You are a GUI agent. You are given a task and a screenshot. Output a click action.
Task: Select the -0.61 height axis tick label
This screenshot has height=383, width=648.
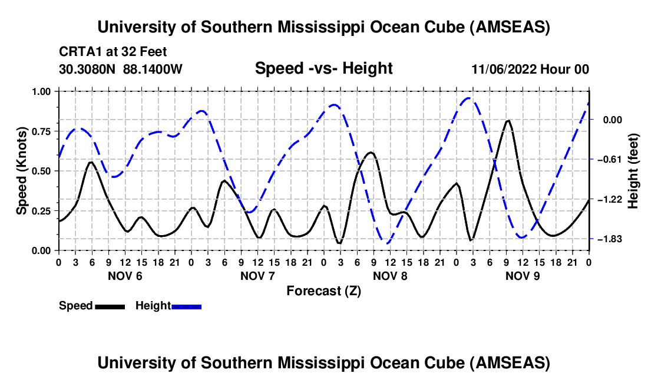click(609, 160)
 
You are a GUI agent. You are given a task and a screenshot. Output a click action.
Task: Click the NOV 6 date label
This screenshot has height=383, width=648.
click(125, 276)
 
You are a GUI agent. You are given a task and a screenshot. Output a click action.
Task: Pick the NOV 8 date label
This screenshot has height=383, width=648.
click(390, 276)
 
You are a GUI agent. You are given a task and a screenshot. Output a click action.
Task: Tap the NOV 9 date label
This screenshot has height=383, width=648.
click(523, 276)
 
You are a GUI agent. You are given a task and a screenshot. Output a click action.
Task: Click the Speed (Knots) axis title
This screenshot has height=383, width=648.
click(22, 170)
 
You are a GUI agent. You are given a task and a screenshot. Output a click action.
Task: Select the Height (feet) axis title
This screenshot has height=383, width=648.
click(634, 170)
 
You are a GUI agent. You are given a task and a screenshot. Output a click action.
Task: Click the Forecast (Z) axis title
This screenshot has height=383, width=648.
click(323, 290)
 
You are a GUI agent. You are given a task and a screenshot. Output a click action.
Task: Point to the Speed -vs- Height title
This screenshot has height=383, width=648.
click(323, 68)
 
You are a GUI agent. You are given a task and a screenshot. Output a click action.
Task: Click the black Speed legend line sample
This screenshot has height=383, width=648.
click(110, 306)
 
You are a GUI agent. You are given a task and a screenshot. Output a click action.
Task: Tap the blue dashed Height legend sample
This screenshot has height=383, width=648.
click(187, 306)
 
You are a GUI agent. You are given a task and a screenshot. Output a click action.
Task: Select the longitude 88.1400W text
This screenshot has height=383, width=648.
click(153, 69)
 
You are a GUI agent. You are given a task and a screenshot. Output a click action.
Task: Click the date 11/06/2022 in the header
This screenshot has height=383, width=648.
click(502, 69)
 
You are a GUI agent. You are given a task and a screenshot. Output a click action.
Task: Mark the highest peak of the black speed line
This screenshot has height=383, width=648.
click(508, 120)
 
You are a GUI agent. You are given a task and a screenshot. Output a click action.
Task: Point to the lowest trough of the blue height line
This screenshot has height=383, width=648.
click(386, 242)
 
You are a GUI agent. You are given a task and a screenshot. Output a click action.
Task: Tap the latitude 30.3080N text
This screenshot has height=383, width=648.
click(88, 69)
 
